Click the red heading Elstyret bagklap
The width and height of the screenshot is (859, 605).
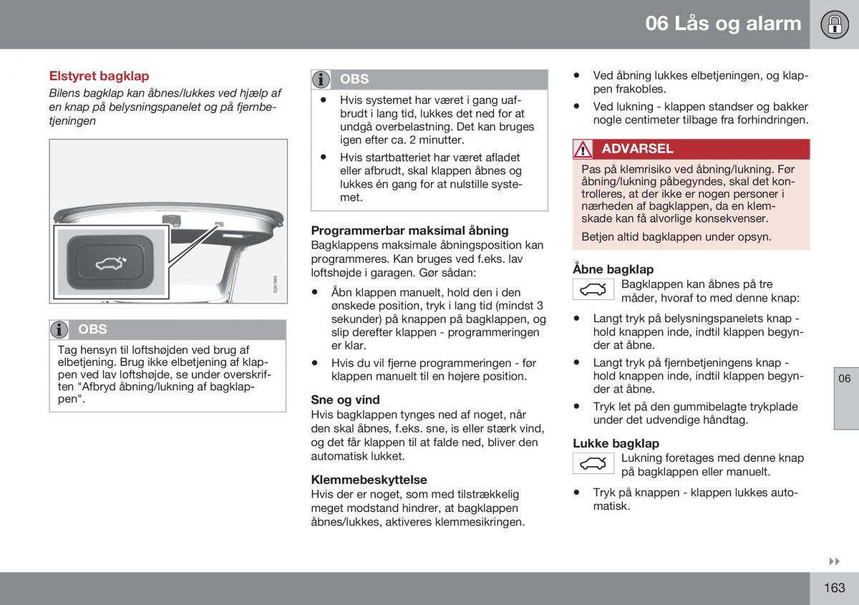(x=99, y=76)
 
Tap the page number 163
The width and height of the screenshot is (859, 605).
(x=834, y=587)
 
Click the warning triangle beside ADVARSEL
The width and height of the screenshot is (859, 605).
(x=583, y=150)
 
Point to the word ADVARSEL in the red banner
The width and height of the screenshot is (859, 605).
(x=637, y=149)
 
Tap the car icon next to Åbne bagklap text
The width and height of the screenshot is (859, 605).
(x=593, y=290)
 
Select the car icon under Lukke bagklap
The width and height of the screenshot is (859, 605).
(x=593, y=464)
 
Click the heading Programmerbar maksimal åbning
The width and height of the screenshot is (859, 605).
(x=409, y=231)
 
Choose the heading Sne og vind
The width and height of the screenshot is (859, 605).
(x=345, y=400)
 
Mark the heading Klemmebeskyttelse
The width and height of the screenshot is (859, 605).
(x=369, y=480)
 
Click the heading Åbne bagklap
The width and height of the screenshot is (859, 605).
(x=613, y=269)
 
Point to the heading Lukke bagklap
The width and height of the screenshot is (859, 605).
(x=616, y=443)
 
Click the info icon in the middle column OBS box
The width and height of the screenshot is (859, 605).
(x=321, y=79)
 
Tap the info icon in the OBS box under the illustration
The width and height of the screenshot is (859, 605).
(x=59, y=329)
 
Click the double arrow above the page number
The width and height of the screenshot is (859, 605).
(x=834, y=562)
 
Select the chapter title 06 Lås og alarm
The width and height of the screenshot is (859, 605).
(x=723, y=24)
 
